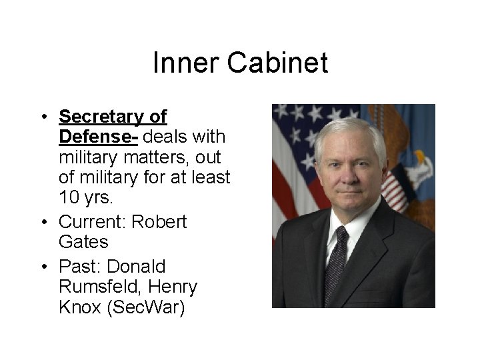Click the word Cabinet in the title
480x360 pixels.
point(277,63)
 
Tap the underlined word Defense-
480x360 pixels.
point(99,137)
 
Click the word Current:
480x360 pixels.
point(93,221)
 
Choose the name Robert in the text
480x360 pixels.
point(159,221)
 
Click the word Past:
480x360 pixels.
point(79,266)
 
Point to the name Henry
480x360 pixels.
point(174,287)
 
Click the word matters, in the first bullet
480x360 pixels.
point(142,158)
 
